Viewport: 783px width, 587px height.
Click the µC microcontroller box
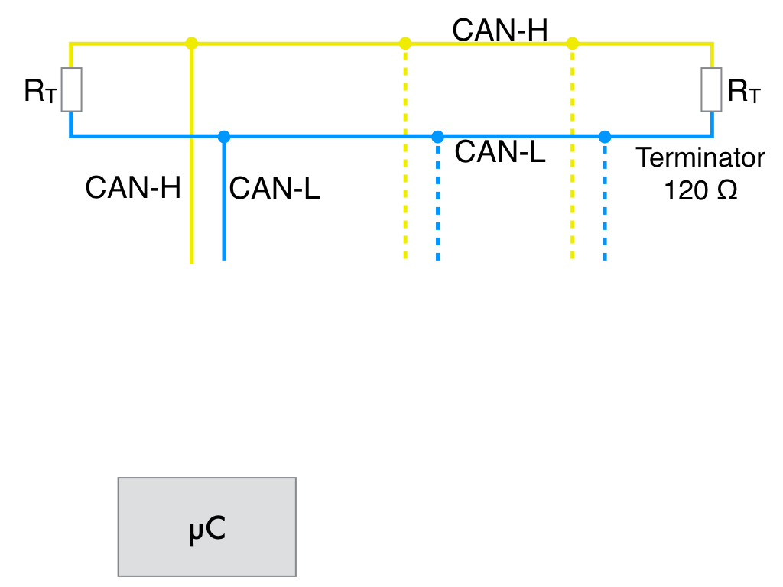pos(206,527)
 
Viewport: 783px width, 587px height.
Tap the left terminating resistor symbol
pos(71,89)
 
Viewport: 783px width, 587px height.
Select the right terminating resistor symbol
pos(712,89)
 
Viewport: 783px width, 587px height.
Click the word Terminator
pos(700,158)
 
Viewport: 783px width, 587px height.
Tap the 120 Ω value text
pos(700,190)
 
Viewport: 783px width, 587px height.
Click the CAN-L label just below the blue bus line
pos(500,151)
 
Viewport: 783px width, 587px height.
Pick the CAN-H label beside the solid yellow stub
pos(133,187)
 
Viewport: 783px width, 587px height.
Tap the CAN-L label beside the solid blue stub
pos(274,188)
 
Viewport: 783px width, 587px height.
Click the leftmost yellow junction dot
pos(192,44)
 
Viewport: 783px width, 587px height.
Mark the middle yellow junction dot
pos(405,44)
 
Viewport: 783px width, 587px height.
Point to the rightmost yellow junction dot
pos(572,44)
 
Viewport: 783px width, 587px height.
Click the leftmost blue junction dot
pos(224,137)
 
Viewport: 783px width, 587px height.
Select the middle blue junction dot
pos(437,137)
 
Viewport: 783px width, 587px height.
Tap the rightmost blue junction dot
pos(605,137)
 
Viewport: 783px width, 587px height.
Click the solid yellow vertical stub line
pos(191,206)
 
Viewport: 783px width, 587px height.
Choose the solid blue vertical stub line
pos(224,206)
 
